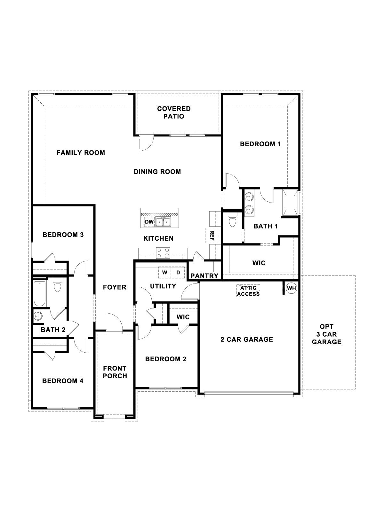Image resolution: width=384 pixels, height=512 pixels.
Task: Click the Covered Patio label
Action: pos(174,113)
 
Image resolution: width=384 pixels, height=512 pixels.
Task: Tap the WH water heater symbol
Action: pos(291,288)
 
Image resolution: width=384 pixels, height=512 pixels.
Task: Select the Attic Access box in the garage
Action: pos(248,291)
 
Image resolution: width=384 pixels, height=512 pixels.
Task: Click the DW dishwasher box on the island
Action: pos(149,222)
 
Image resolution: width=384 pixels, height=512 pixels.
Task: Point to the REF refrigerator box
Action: pos(212,236)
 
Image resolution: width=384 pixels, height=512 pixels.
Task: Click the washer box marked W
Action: pos(165,273)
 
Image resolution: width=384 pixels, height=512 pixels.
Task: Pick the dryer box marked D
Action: pos(178,273)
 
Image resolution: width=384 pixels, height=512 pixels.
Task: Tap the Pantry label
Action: pos(204,276)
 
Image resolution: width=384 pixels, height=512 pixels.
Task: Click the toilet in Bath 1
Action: pos(232,220)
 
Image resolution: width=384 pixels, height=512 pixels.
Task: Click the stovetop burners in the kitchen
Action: pos(163,253)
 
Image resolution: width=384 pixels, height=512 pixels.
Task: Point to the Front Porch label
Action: pos(115,372)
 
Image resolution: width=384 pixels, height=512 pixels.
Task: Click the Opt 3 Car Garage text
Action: pos(326,334)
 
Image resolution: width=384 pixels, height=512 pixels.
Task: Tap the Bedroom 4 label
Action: pos(63,381)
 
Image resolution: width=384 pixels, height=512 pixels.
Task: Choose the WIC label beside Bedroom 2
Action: pos(183,317)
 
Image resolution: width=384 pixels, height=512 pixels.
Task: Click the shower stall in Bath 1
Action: pos(291,203)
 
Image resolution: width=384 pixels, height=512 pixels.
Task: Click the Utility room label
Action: pos(163,286)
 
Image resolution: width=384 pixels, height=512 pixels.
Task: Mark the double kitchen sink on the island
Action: pos(163,222)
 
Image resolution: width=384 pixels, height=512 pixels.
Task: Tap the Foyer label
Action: pos(115,287)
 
